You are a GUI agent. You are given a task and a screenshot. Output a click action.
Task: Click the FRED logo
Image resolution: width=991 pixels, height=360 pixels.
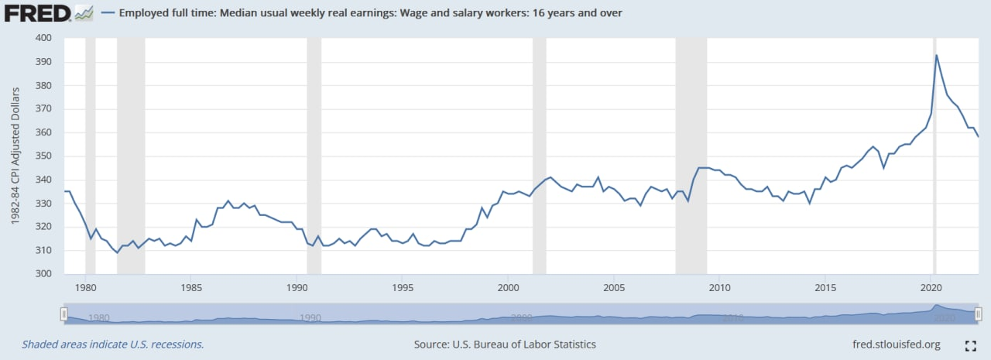click(48, 13)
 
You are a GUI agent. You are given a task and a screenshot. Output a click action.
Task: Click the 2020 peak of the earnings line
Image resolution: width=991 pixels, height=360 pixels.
click(937, 55)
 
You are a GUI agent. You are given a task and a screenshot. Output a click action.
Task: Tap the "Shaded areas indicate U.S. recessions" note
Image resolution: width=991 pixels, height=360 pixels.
click(113, 345)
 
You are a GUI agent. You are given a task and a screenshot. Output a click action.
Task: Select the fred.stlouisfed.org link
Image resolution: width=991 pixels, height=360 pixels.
click(896, 345)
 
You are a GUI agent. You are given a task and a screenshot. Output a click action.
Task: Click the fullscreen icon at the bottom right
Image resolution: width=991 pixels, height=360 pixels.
click(970, 345)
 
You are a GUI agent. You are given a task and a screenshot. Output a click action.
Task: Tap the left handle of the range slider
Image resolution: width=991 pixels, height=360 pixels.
click(64, 314)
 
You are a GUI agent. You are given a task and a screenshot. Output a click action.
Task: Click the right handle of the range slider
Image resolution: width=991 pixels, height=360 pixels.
click(978, 314)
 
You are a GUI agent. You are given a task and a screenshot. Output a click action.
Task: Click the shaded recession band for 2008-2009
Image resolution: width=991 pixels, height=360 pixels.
click(691, 155)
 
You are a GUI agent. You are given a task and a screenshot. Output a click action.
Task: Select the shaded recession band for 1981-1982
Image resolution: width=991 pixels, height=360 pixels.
click(131, 155)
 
